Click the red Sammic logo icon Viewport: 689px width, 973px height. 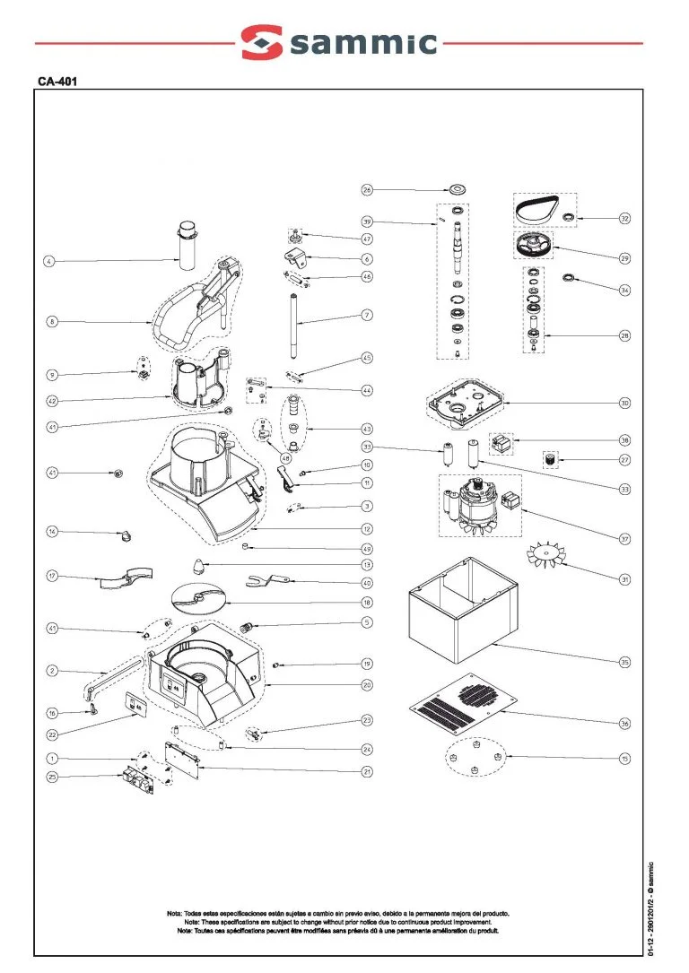coord(261,41)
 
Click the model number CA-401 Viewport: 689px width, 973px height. coord(55,81)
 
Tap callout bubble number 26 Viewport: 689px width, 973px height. coord(367,189)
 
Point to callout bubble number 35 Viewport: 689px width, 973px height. coord(624,662)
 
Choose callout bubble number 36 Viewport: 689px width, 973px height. coord(624,723)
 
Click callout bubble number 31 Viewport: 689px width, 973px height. coord(624,578)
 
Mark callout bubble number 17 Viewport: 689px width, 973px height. coord(52,575)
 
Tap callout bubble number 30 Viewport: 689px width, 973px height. coord(624,403)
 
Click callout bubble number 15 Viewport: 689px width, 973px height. coord(624,759)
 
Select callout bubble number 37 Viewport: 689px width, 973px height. coord(624,539)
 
